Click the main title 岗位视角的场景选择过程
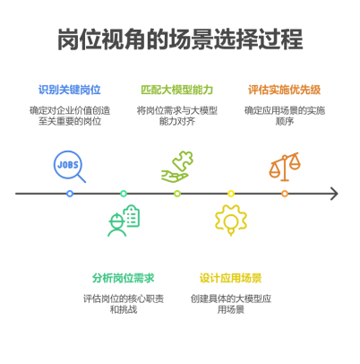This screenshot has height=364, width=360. (180, 39)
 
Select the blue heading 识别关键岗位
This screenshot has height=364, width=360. (70, 90)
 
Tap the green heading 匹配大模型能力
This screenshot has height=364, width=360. (177, 90)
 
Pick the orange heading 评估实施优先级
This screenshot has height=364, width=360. (285, 90)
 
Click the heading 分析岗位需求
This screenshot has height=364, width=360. (124, 278)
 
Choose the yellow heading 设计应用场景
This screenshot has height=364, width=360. (231, 278)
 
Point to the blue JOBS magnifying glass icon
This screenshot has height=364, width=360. (70, 167)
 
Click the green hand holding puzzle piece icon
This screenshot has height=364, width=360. (177, 167)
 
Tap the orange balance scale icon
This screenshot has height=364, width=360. (285, 167)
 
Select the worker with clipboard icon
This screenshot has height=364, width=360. (124, 221)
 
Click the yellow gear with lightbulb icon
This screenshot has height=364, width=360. (231, 221)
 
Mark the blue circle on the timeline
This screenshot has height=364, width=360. (70, 194)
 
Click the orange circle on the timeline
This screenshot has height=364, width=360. (285, 194)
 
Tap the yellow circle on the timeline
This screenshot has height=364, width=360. (231, 194)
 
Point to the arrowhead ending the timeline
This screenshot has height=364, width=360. (338, 194)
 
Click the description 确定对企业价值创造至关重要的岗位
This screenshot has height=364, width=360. (70, 116)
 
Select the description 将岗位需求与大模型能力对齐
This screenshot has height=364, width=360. (177, 116)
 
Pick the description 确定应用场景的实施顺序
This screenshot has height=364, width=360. (285, 116)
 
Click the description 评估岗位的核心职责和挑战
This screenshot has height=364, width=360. (124, 304)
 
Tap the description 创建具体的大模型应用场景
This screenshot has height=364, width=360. (231, 304)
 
